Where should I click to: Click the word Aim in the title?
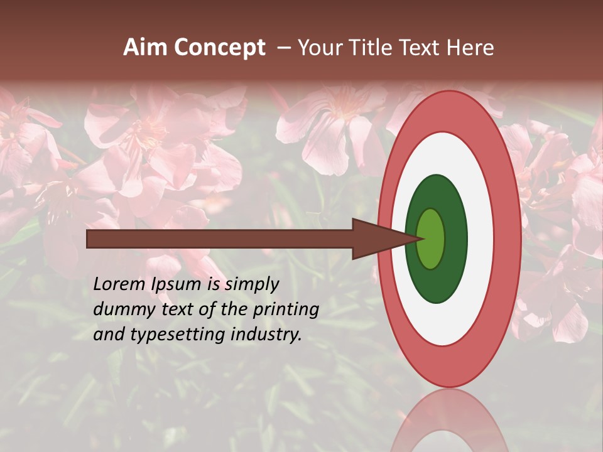tap(146, 48)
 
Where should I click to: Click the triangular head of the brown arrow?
tap(377, 239)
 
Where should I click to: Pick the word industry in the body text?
tap(266, 335)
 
